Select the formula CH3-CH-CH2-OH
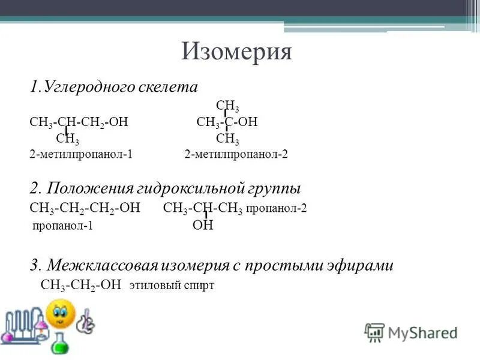pyautogui.click(x=79, y=122)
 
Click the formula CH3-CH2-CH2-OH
pyautogui.click(x=85, y=208)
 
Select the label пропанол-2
pyautogui.click(x=277, y=209)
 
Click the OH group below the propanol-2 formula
pyautogui.click(x=203, y=226)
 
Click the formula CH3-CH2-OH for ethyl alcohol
pyautogui.click(x=81, y=285)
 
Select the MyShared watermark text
pyautogui.click(x=422, y=332)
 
